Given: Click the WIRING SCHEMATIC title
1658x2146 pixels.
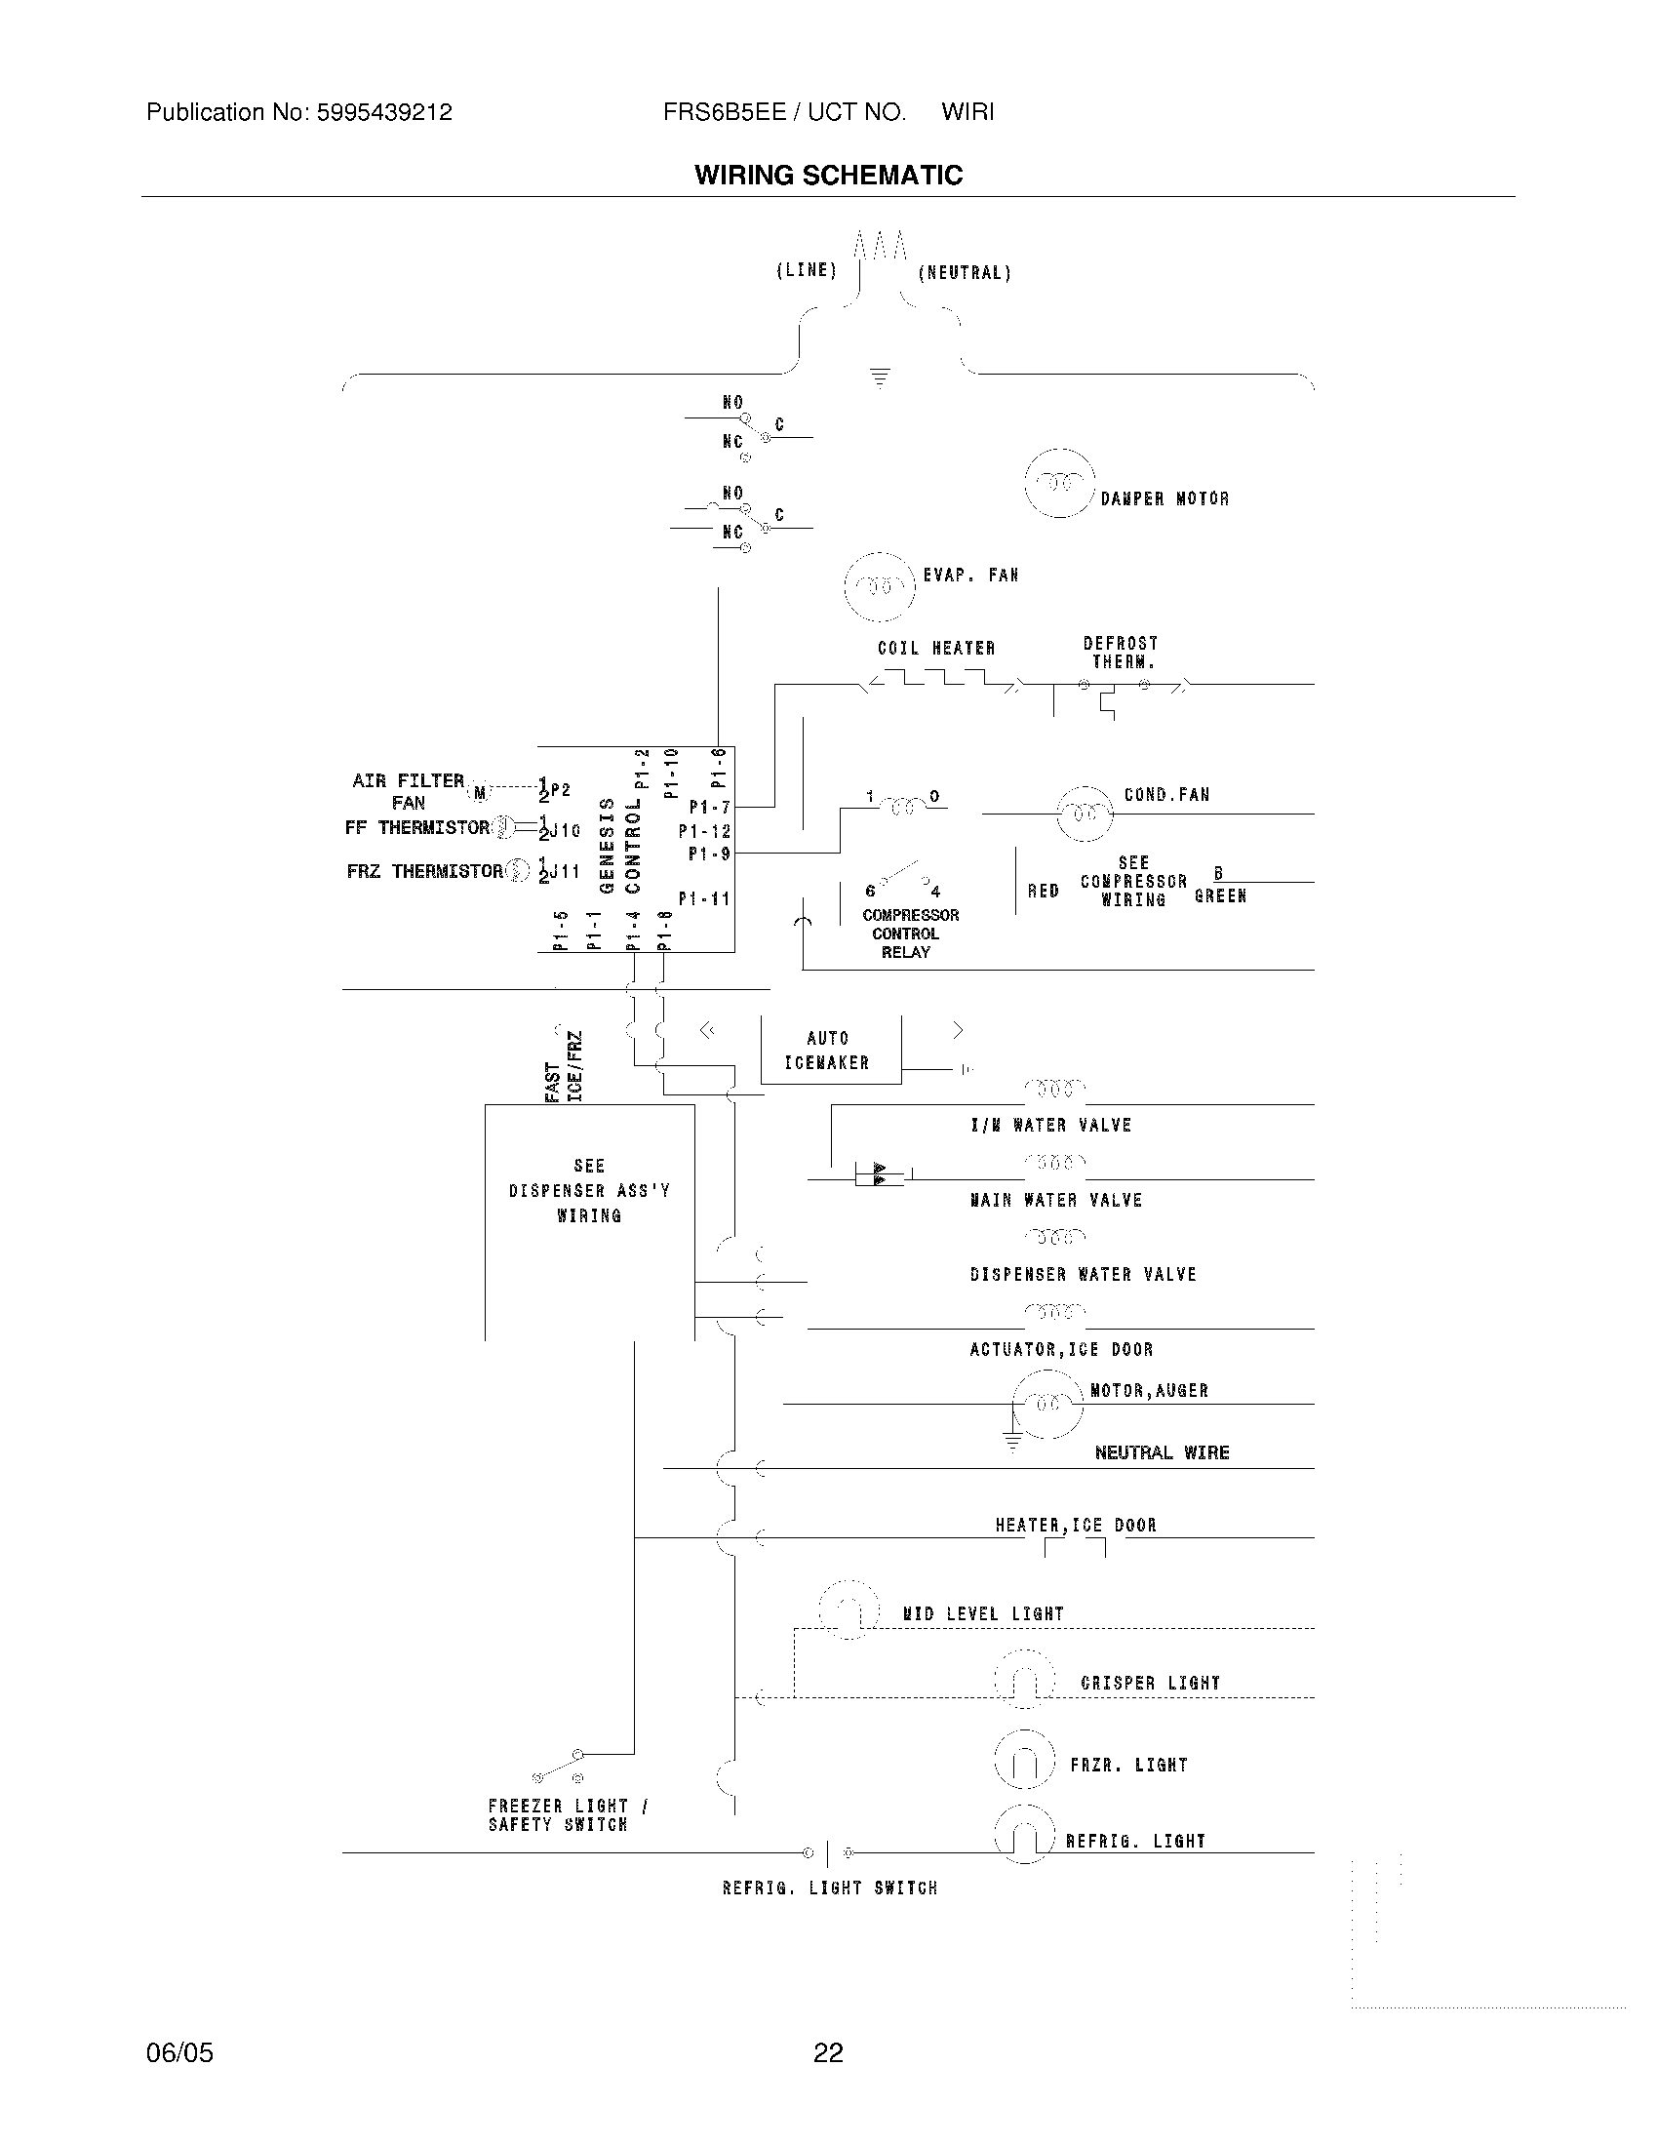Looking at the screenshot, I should pyautogui.click(x=828, y=176).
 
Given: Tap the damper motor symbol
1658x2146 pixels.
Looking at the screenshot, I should pyautogui.click(x=1059, y=483).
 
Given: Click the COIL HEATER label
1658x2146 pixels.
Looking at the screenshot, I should pyautogui.click(x=936, y=649).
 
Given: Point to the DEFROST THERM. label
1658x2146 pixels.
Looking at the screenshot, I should pyautogui.click(x=1121, y=653).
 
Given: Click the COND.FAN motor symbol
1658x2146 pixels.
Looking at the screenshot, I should pyautogui.click(x=1084, y=815).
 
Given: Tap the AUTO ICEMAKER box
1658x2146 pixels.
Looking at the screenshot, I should pyautogui.click(x=829, y=1051).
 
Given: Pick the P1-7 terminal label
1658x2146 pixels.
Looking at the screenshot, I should pyautogui.click(x=709, y=808).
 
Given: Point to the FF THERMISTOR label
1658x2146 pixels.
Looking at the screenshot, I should pyautogui.click(x=416, y=828).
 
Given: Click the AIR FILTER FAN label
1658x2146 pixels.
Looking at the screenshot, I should pyautogui.click(x=408, y=791).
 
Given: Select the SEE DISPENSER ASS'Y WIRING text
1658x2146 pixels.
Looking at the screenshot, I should pyautogui.click(x=588, y=1191).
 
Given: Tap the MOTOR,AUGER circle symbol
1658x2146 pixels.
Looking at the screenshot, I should pyautogui.click(x=1046, y=1404).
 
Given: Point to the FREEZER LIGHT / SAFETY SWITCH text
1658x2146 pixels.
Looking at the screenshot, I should pyautogui.click(x=567, y=1815).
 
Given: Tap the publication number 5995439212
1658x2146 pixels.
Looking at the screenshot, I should pyautogui.click(x=383, y=113).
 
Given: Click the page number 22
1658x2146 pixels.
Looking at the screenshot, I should pyautogui.click(x=828, y=2052).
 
